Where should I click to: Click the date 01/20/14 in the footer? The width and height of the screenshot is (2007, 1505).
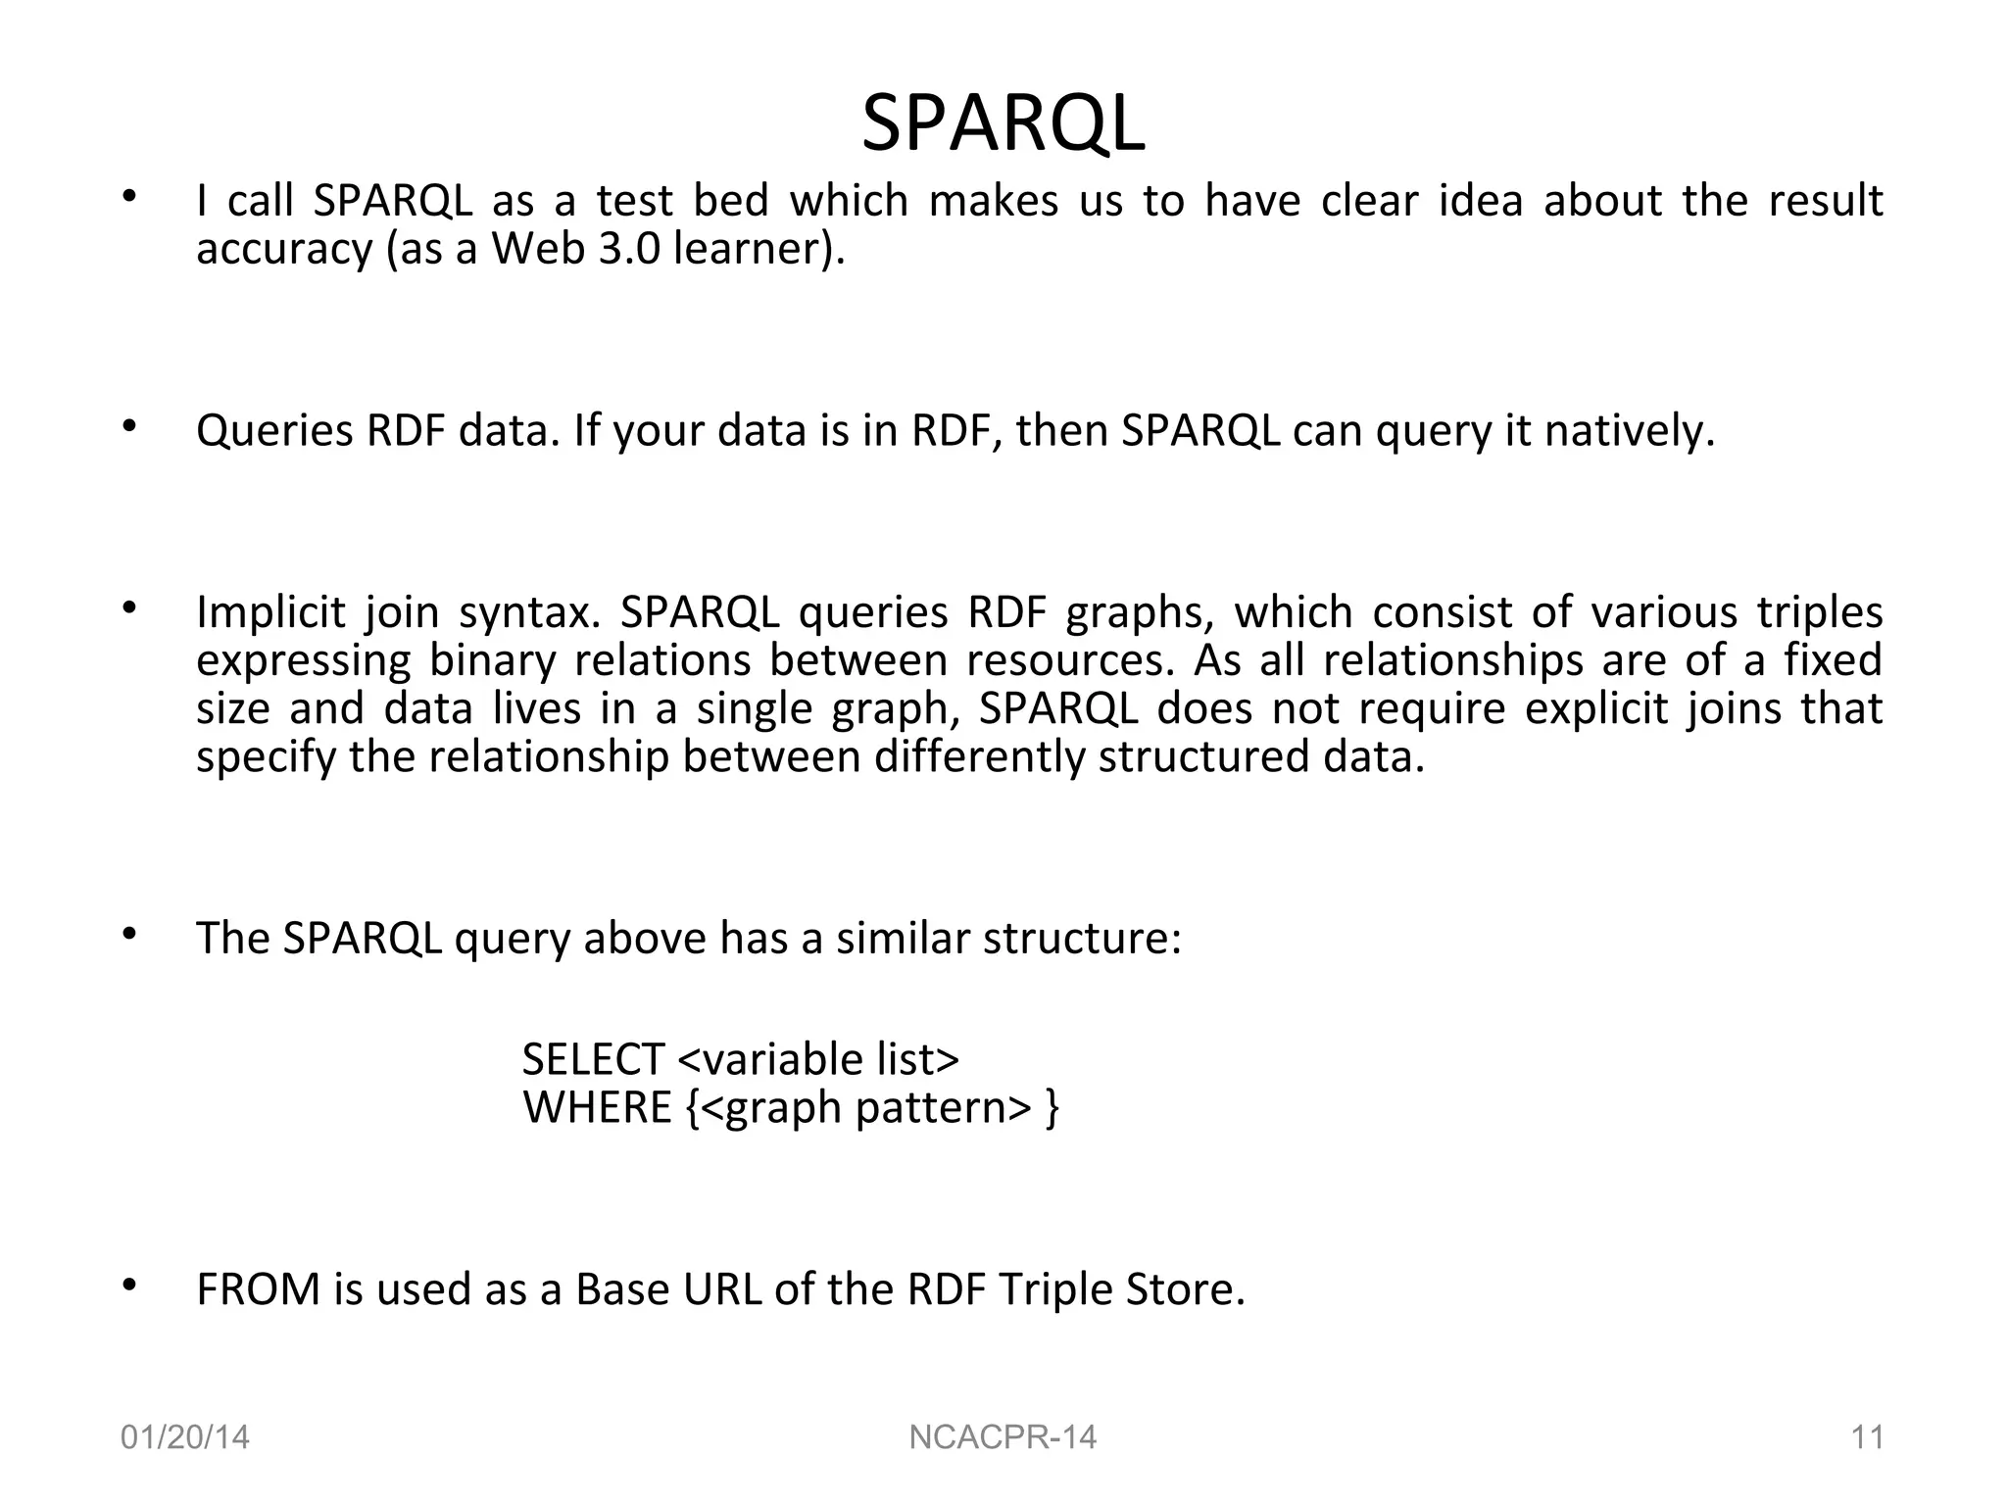click(184, 1437)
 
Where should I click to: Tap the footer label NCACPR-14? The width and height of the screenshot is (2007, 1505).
click(1003, 1437)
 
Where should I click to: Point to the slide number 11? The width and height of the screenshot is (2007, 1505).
click(1867, 1437)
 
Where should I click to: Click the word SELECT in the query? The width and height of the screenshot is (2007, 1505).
click(593, 1059)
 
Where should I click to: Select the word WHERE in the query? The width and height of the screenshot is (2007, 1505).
click(597, 1107)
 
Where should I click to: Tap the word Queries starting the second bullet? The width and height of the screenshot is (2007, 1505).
click(274, 431)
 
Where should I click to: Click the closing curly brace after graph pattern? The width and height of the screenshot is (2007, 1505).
click(1052, 1108)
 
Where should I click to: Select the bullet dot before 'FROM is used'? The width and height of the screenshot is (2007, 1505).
click(128, 1285)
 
